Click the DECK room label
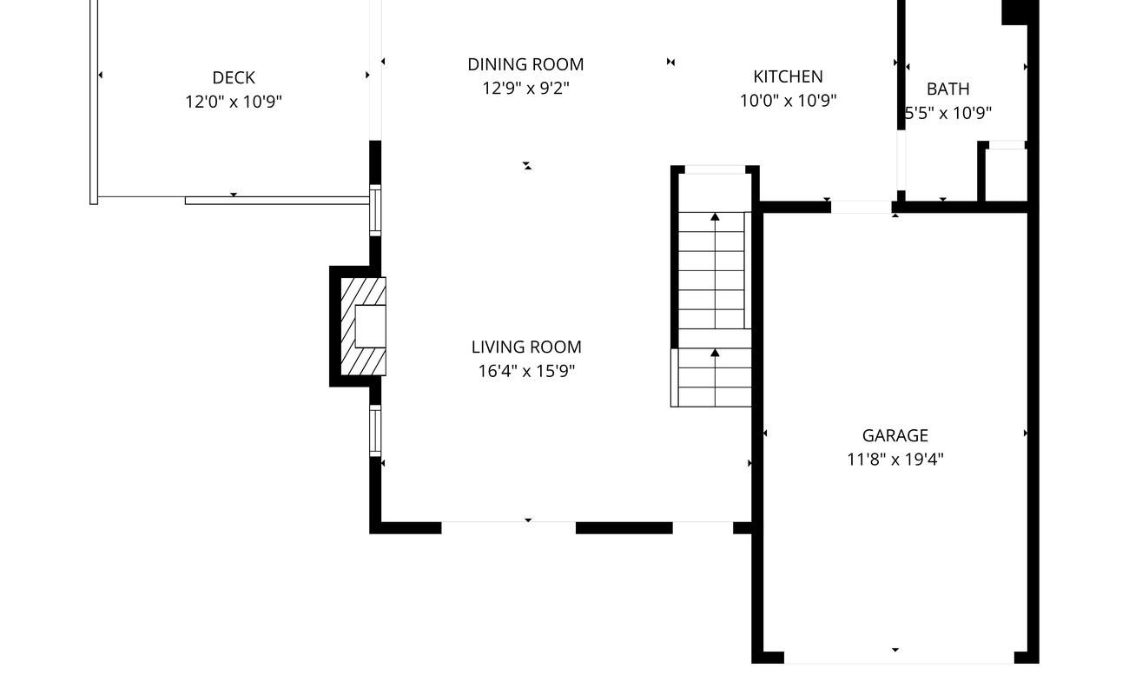[x=234, y=77]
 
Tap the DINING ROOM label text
[x=525, y=64]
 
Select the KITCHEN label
[x=788, y=76]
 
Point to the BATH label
[x=948, y=89]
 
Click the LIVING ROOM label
[x=526, y=347]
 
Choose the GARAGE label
[x=895, y=435]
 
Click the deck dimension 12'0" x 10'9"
[x=234, y=102]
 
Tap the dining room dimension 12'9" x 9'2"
[x=525, y=89]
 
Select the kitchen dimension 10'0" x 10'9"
[x=788, y=101]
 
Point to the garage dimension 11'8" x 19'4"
[x=895, y=460]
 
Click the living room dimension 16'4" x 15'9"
[x=526, y=371]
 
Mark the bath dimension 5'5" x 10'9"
[x=948, y=113]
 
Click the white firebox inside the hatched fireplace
[x=371, y=327]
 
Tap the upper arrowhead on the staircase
[x=715, y=217]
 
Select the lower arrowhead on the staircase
[x=715, y=353]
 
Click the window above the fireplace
[x=375, y=210]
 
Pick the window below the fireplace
[x=375, y=430]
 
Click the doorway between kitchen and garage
[x=861, y=207]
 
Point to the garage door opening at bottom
[x=899, y=657]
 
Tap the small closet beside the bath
[x=1006, y=175]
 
